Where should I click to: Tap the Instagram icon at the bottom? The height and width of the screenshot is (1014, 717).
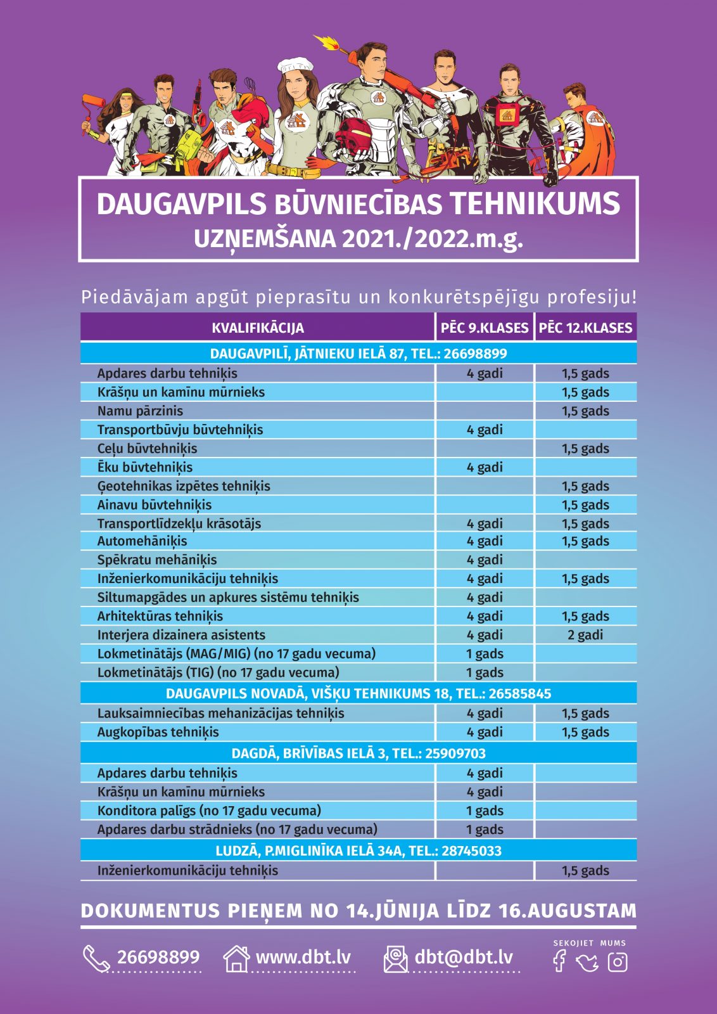617,961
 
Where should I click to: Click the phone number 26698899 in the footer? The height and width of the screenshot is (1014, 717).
158,957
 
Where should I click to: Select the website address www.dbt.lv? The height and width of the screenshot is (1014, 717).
303,957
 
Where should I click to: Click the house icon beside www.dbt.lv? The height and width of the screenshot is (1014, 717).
236,958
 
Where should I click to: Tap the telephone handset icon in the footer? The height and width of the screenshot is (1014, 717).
96,958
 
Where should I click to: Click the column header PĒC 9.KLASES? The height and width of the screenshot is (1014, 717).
485,328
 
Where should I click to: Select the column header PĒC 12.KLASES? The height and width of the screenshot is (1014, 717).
585,328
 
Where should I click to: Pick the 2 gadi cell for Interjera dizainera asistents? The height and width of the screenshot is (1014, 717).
585,635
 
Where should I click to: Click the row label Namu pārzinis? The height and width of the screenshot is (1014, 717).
140,411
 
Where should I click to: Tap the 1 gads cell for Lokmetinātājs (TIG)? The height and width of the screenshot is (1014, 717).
485,672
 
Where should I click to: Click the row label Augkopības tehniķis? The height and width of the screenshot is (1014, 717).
158,732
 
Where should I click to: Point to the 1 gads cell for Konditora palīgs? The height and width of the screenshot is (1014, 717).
485,811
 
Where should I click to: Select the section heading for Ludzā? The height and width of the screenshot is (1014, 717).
358,850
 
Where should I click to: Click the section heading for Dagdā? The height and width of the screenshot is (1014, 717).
358,753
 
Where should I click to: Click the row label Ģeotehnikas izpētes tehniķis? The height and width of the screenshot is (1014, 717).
184,486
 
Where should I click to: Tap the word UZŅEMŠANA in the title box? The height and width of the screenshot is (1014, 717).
264,239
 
